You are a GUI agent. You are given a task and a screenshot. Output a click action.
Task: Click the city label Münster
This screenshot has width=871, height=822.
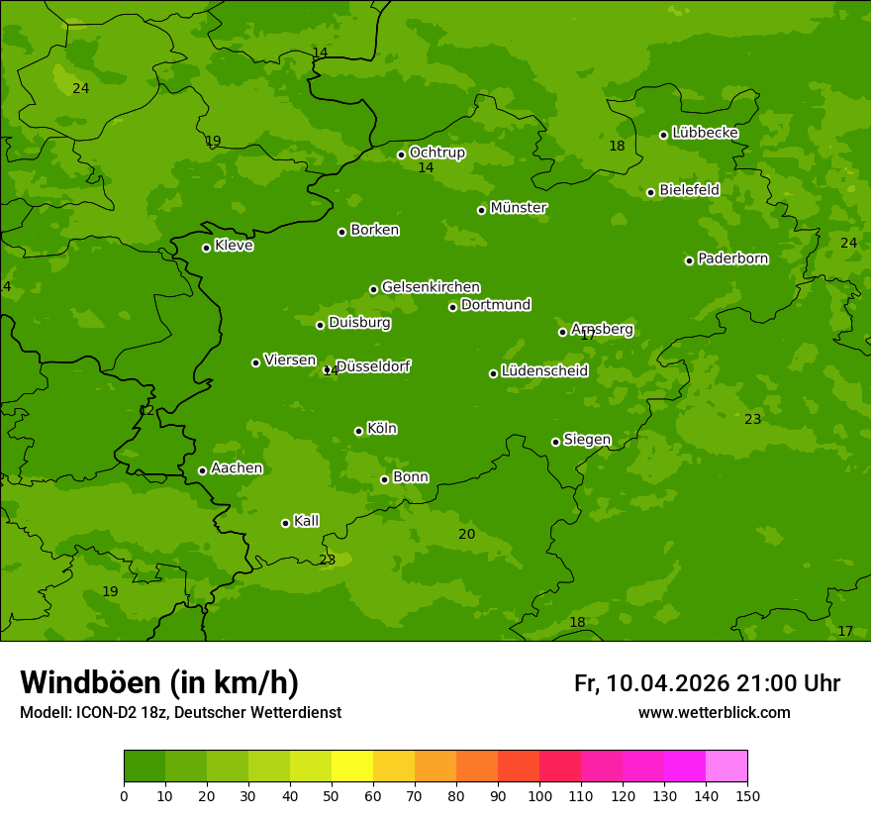518,208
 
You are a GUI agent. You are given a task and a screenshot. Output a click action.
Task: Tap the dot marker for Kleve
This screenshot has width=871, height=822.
207,248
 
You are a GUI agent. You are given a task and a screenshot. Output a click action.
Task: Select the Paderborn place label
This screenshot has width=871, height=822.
732,258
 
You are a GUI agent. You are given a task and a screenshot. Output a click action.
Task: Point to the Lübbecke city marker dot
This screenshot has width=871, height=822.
663,135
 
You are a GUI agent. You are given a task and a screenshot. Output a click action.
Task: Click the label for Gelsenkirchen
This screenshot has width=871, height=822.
431,287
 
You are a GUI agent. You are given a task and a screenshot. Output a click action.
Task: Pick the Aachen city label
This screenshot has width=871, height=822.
237,468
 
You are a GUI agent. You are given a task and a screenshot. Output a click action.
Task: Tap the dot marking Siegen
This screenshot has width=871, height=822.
555,442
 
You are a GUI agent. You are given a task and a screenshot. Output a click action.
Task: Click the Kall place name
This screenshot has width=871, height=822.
306,521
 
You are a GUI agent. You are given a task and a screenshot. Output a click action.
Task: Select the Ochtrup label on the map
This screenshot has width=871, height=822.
436,153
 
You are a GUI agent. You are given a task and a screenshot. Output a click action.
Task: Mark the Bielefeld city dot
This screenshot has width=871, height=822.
650,192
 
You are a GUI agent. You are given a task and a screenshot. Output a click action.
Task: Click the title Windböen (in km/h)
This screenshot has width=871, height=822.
159,682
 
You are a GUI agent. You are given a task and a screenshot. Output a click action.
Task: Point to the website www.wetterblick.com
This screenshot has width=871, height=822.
714,712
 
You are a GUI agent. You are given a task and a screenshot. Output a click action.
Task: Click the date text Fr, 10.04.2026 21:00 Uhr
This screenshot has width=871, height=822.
707,683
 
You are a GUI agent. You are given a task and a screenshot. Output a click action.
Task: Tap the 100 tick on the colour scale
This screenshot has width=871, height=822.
539,795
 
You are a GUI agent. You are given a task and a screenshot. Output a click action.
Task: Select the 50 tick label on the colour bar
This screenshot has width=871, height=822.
332,795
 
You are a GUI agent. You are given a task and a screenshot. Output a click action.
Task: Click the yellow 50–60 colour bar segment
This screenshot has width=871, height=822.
352,767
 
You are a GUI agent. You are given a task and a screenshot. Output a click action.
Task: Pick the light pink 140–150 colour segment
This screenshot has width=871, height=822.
726,767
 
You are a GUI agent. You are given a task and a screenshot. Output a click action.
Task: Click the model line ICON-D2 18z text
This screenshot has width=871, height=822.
180,712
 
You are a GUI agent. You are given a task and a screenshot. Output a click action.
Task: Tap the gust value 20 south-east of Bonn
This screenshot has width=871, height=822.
466,534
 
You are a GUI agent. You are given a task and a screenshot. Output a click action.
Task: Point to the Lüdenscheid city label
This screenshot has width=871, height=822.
544,371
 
